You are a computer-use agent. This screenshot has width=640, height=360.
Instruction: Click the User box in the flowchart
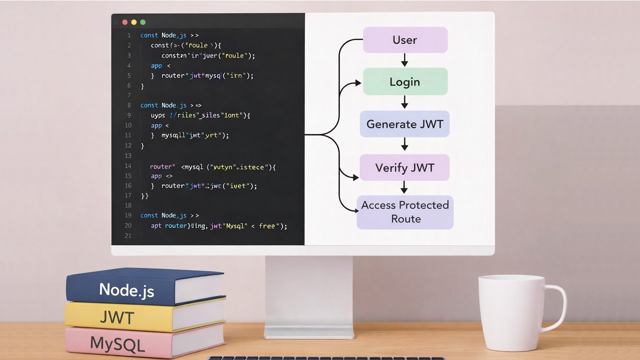click(405, 40)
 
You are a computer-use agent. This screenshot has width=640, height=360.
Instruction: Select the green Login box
click(405, 82)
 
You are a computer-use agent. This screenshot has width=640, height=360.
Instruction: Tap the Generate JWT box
click(405, 124)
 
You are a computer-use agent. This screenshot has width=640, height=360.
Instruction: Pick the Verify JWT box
click(405, 167)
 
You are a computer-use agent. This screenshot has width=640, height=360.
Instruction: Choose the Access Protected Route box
click(405, 212)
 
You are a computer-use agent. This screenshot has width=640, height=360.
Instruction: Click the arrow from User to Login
click(405, 60)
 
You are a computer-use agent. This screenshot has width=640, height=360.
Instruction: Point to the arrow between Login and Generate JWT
click(405, 102)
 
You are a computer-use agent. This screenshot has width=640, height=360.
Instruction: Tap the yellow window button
click(133, 22)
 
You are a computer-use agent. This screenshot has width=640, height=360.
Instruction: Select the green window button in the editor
click(143, 22)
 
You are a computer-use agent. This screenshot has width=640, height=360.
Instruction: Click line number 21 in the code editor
click(128, 235)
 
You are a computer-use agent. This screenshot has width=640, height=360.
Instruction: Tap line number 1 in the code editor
click(129, 35)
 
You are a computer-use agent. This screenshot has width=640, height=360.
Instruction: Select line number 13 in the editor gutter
click(128, 155)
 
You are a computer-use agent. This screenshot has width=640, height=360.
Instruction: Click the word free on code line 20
click(267, 226)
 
